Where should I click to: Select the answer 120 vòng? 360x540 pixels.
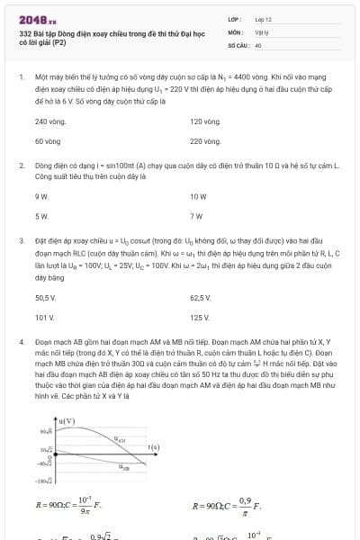205,121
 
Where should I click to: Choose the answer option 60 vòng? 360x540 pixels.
48,141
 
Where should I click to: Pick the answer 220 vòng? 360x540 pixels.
205,141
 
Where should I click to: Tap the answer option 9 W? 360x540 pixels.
41,195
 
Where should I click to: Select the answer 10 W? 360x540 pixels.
198,195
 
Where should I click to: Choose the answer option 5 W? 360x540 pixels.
41,216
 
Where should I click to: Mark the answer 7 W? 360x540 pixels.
196,216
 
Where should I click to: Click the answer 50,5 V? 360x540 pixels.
46,297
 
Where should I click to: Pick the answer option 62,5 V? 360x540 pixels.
201,297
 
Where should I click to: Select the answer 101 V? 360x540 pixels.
44,318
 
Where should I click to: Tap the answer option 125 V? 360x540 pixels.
200,318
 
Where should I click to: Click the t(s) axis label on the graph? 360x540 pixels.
153,446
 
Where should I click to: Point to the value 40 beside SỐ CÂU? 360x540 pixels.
258,44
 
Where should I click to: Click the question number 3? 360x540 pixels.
21,241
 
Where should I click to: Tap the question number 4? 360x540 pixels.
21,343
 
